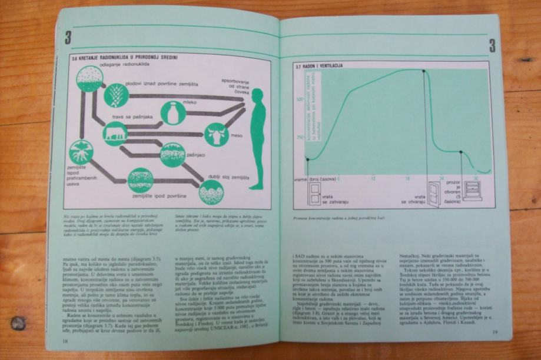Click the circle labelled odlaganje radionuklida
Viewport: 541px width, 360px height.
pos(90,78)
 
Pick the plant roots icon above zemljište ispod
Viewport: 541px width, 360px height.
pos(81,152)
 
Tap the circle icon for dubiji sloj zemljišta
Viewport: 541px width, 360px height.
pos(211,192)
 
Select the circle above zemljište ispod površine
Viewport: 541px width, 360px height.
pos(141,181)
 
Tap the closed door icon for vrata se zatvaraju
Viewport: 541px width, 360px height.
pos(315,194)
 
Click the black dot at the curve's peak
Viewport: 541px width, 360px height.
pos(424,71)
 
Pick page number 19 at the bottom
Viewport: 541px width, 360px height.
pos(495,333)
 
